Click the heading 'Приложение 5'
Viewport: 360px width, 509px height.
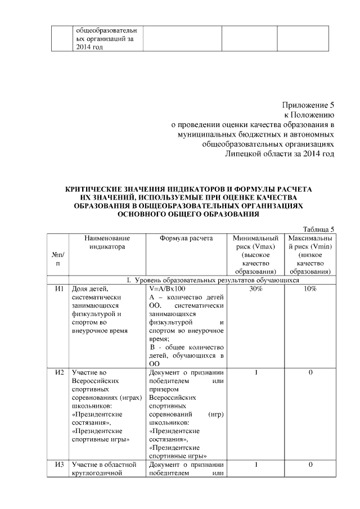(308, 105)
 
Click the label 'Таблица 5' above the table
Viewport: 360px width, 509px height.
(318, 229)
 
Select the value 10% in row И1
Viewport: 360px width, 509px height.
(310, 289)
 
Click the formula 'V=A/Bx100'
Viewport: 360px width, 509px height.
(167, 289)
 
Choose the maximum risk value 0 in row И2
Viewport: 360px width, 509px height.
(310, 372)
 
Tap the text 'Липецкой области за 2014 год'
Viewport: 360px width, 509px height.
(280, 154)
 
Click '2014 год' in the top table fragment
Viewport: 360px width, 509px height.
(89, 47)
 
